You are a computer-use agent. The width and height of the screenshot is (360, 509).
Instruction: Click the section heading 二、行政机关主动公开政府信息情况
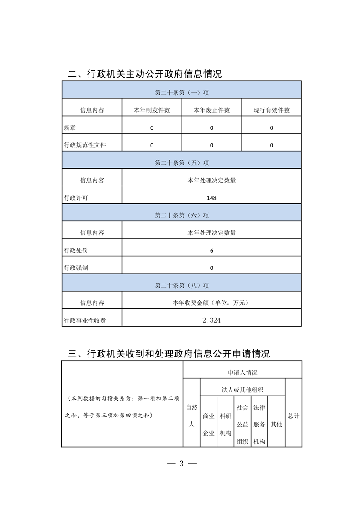pyautogui.click(x=144, y=73)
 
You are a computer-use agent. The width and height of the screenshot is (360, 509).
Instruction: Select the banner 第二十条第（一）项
pyautogui.click(x=182, y=93)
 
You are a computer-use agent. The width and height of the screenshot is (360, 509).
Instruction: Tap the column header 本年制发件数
pyautogui.click(x=152, y=110)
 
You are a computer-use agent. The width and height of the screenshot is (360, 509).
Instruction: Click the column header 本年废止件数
pyautogui.click(x=212, y=110)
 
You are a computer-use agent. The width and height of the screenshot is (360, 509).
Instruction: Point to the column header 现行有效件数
pyautogui.click(x=271, y=110)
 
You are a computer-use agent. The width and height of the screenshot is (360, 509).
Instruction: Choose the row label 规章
pyautogui.click(x=70, y=128)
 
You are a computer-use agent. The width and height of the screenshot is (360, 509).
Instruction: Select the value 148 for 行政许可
pyautogui.click(x=212, y=198)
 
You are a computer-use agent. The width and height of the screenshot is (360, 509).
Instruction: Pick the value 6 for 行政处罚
pyautogui.click(x=212, y=250)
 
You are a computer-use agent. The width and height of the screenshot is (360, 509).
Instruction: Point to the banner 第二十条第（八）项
pyautogui.click(x=182, y=285)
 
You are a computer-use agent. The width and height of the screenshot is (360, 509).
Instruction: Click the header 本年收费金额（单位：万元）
pyautogui.click(x=212, y=303)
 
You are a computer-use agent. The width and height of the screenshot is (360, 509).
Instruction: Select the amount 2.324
pyautogui.click(x=212, y=320)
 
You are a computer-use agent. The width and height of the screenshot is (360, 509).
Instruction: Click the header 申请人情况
pyautogui.click(x=242, y=372)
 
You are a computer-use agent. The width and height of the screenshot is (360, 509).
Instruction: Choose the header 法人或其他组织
pyautogui.click(x=242, y=390)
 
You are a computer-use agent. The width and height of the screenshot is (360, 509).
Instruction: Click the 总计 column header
pyautogui.click(x=293, y=416)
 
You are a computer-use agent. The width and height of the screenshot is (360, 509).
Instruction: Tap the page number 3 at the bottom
pyautogui.click(x=181, y=463)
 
